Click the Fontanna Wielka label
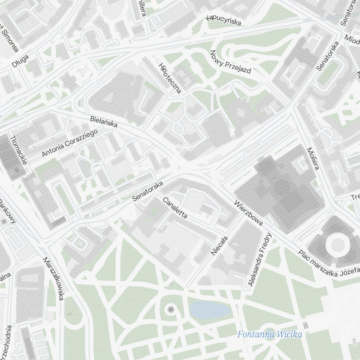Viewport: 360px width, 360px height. tap(269, 334)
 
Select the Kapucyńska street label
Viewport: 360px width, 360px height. tap(223, 21)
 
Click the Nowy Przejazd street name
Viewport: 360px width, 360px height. tap(230, 62)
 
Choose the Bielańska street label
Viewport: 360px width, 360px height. tap(104, 122)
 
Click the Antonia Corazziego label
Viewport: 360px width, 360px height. tap(70, 143)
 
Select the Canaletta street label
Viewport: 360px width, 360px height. tap(175, 208)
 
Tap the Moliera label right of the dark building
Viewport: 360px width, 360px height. tap(312, 158)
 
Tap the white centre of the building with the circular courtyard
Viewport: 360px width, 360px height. tap(337, 244)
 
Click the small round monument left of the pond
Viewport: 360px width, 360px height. tap(171, 309)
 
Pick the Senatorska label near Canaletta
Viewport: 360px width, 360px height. tap(147, 191)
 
